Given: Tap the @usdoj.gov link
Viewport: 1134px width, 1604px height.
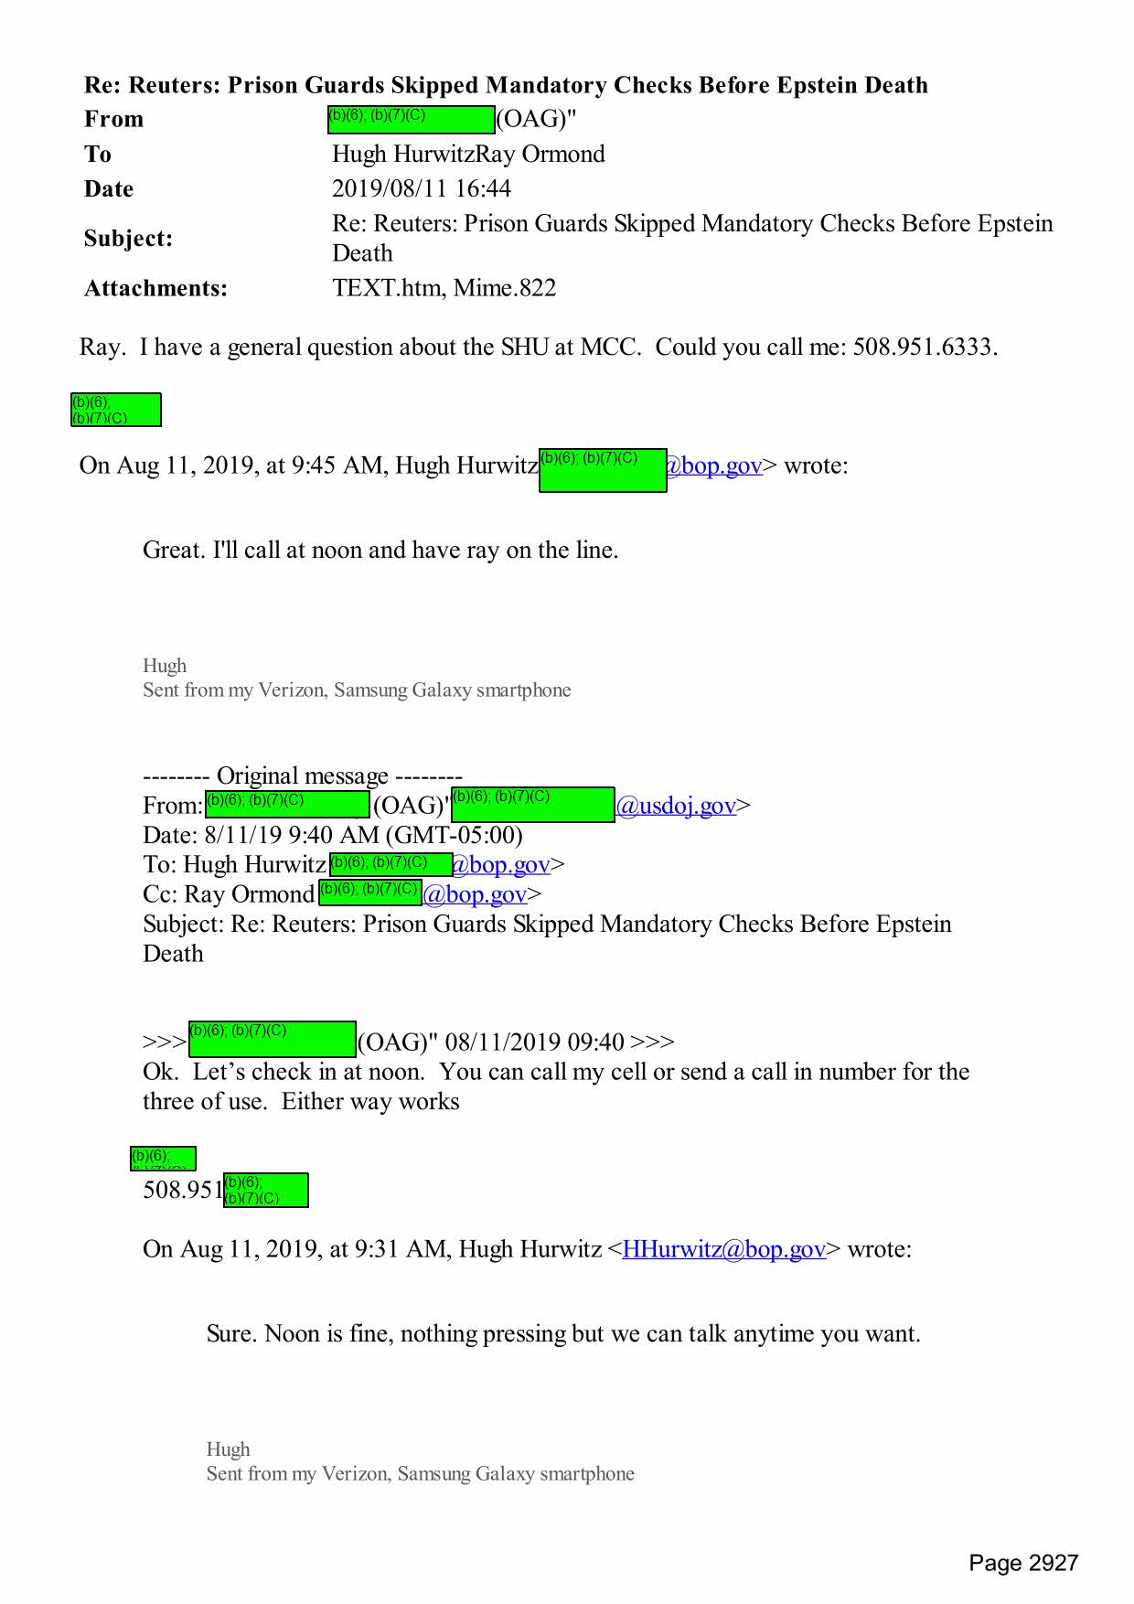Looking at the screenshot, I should [676, 805].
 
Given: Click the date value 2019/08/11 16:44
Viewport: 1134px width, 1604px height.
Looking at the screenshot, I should [421, 188].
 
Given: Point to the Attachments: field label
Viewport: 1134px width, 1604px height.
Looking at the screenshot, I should [155, 288].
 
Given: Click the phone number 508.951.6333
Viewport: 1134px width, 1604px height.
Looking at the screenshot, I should [924, 347].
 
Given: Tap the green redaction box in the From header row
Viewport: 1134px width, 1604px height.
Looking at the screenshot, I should [411, 119].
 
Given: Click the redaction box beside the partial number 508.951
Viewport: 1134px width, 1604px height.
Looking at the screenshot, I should [265, 1190].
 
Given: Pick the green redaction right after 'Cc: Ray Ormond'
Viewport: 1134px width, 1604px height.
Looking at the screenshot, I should [369, 892].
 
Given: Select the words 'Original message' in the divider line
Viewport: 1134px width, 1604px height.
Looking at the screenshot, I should [303, 775].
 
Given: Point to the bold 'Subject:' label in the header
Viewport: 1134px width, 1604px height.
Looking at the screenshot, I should [128, 238].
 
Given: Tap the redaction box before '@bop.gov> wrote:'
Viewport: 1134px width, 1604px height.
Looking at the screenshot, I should [602, 470].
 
